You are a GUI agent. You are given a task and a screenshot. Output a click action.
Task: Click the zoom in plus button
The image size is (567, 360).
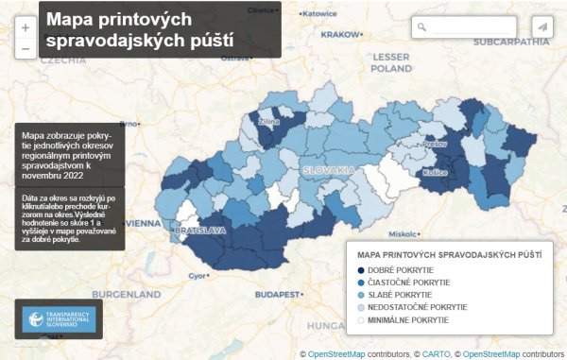(25, 27)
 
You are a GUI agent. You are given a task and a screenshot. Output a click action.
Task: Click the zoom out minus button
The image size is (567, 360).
(25, 48)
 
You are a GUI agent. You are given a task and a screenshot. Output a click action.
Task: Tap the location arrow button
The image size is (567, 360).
(541, 27)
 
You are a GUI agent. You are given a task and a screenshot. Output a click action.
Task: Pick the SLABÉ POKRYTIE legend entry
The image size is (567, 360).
(398, 295)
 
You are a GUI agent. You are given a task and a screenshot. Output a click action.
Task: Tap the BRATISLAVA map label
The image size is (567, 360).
(198, 230)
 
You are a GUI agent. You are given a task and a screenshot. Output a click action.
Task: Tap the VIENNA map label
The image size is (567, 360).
(143, 223)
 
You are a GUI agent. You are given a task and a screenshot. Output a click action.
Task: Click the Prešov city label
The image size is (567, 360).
(436, 144)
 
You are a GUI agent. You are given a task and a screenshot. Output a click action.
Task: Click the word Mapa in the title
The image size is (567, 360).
(74, 19)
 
